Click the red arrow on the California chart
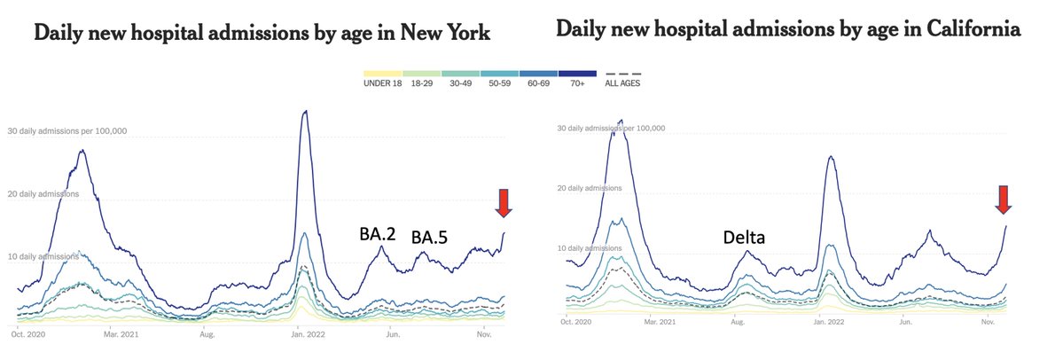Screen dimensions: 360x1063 [1004, 200]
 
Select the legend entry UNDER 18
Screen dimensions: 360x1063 [382, 83]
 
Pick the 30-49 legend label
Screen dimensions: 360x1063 [462, 83]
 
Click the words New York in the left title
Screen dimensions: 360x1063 [444, 35]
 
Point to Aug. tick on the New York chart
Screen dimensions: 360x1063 [207, 334]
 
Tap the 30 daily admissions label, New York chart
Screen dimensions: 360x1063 [68, 131]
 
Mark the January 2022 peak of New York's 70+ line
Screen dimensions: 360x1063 [305, 112]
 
